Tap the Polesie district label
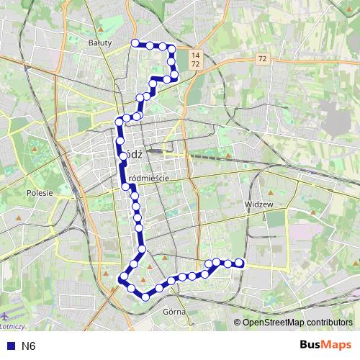40,193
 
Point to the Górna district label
175,312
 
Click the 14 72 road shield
195,60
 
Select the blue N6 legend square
9,346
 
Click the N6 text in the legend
28,346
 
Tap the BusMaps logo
326,345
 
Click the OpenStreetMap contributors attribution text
296,322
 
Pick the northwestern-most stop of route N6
135,43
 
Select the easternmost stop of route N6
240,264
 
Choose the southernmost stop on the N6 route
145,295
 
